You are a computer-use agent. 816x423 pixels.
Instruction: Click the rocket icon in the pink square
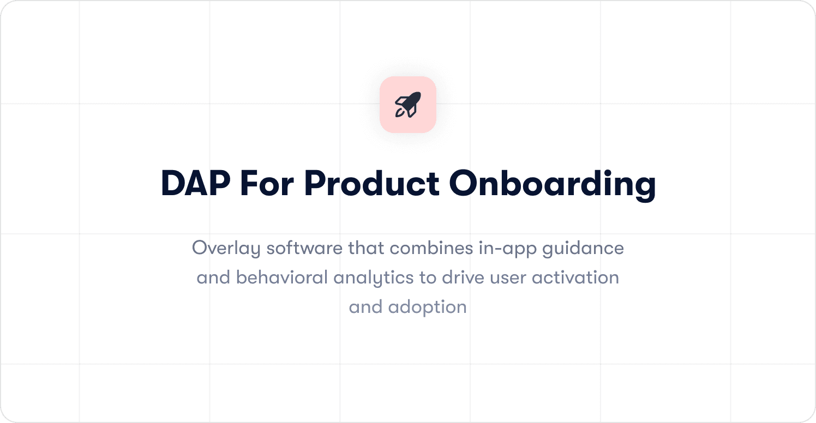click(408, 105)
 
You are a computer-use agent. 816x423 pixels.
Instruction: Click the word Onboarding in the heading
click(552, 184)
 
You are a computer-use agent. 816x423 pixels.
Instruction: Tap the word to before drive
click(427, 278)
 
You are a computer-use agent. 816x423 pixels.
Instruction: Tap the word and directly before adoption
click(365, 307)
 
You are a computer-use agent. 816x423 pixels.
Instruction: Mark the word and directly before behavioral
click(213, 277)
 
